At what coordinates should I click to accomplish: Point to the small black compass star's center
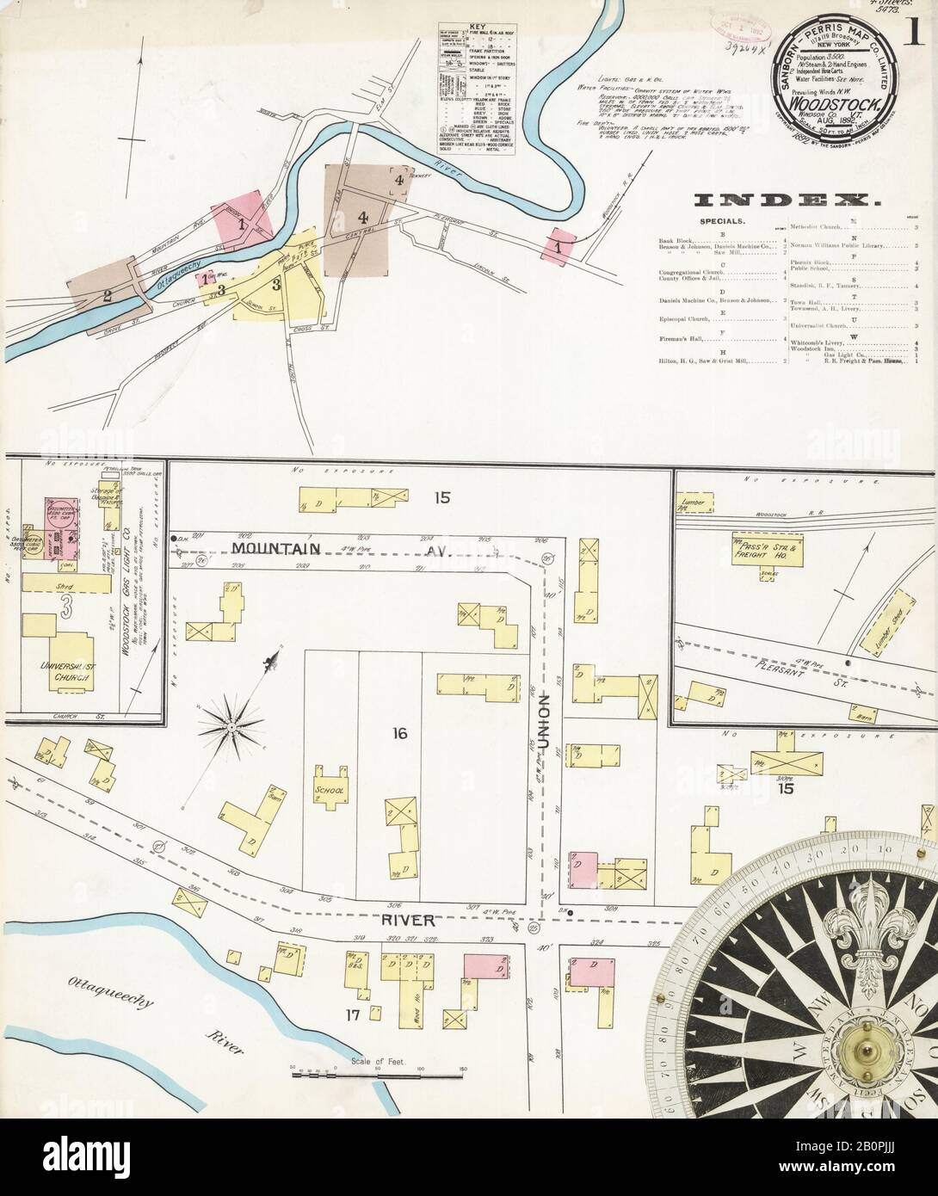click(230, 728)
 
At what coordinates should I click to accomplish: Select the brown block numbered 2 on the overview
click(107, 297)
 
